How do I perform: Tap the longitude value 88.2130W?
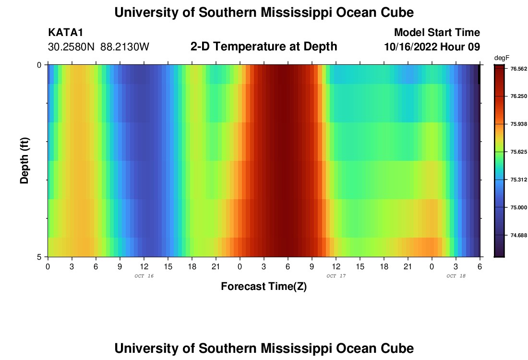click(x=125, y=47)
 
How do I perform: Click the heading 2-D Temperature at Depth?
click(x=264, y=47)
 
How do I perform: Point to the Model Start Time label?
click(x=437, y=33)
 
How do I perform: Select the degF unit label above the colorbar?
click(x=502, y=58)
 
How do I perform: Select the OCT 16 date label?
click(x=144, y=276)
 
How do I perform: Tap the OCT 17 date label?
click(x=336, y=276)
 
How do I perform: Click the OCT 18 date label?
click(x=456, y=276)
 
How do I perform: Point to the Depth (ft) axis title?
click(x=25, y=161)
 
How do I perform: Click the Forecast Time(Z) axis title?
click(x=264, y=287)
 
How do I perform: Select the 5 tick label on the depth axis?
click(x=39, y=257)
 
